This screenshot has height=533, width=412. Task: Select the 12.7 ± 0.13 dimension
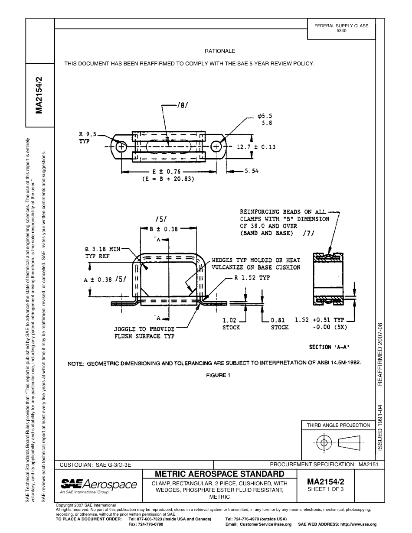(x=256, y=147)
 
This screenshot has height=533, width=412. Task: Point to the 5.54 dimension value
(x=252, y=171)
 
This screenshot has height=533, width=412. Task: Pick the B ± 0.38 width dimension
(x=163, y=229)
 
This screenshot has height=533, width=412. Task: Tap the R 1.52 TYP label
(x=252, y=278)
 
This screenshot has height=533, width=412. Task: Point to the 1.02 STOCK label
(x=231, y=324)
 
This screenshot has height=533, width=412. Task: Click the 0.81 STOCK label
(x=279, y=324)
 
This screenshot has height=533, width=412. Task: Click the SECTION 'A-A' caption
(x=329, y=347)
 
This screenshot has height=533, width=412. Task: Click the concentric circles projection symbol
(x=323, y=442)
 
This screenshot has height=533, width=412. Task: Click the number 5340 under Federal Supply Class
(x=341, y=31)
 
